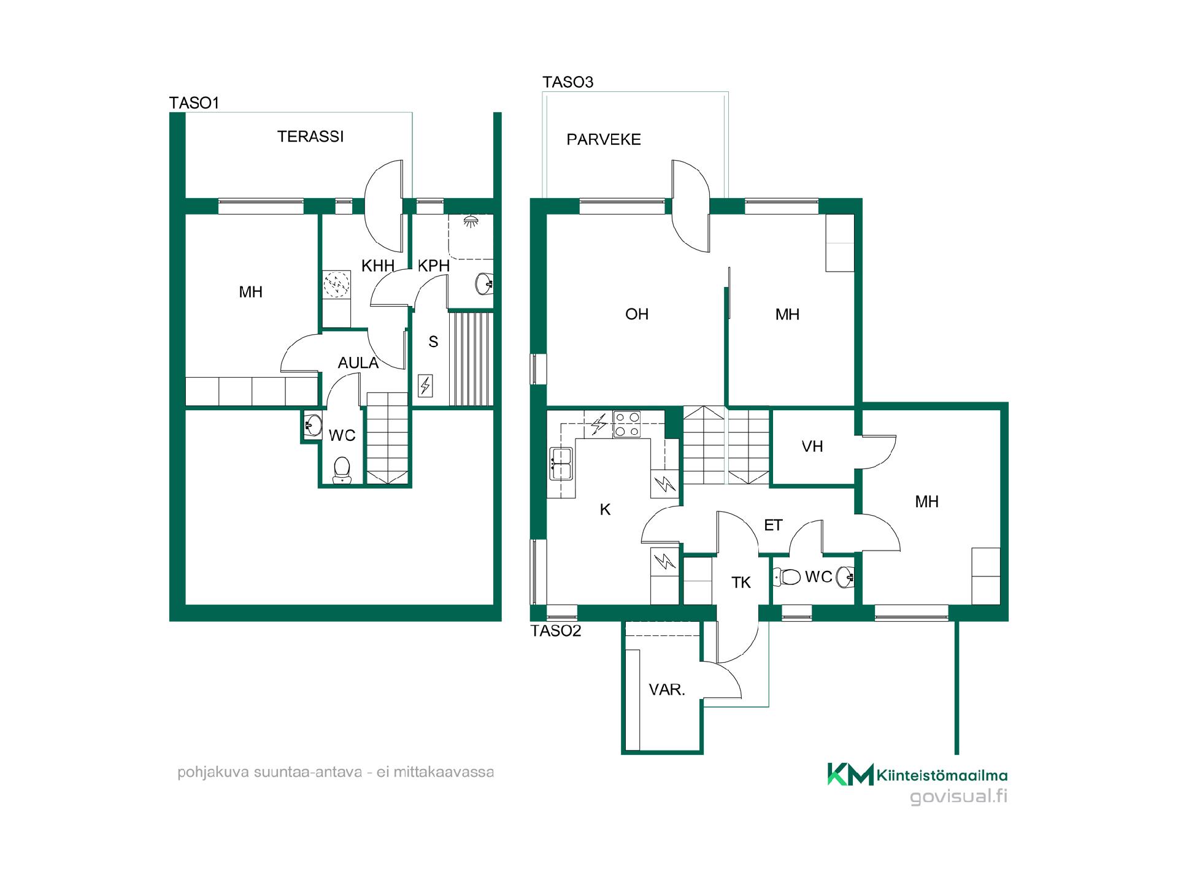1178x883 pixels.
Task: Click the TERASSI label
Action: click(310, 137)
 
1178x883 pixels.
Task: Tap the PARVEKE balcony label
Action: click(604, 140)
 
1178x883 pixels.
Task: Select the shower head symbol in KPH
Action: click(471, 221)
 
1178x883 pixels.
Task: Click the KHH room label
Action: click(378, 266)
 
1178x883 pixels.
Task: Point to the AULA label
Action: click(358, 363)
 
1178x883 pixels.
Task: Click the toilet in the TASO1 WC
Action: click(341, 471)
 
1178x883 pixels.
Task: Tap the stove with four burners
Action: click(627, 424)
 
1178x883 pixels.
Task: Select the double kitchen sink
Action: click(561, 463)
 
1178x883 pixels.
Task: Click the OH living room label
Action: click(637, 315)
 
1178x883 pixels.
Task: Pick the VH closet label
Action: click(812, 447)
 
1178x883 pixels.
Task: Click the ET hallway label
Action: click(773, 526)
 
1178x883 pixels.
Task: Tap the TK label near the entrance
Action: click(741, 583)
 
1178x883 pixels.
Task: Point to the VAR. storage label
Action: click(667, 690)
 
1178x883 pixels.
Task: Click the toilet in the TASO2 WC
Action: click(787, 577)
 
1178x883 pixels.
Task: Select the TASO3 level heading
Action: click(568, 82)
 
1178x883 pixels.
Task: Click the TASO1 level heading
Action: click(194, 103)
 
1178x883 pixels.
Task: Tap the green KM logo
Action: click(850, 774)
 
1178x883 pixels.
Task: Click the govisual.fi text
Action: click(959, 797)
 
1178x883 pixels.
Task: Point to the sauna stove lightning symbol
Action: click(425, 386)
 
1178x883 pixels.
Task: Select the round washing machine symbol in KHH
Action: click(336, 285)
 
